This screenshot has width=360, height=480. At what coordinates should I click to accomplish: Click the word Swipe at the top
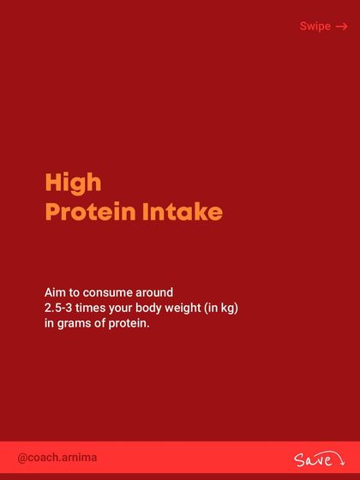click(x=315, y=27)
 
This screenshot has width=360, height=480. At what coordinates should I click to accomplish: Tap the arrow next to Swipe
click(x=342, y=27)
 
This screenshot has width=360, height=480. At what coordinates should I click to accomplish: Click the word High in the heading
click(x=73, y=183)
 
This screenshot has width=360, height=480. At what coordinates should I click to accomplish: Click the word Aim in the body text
click(x=56, y=291)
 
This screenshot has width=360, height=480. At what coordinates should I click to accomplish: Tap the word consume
click(x=113, y=291)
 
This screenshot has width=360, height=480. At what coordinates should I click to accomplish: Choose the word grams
click(x=74, y=324)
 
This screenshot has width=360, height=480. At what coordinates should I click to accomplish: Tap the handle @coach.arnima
click(x=57, y=458)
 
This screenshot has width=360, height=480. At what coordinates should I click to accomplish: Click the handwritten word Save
click(x=310, y=460)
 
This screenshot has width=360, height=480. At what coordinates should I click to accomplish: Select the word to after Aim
click(x=76, y=291)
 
